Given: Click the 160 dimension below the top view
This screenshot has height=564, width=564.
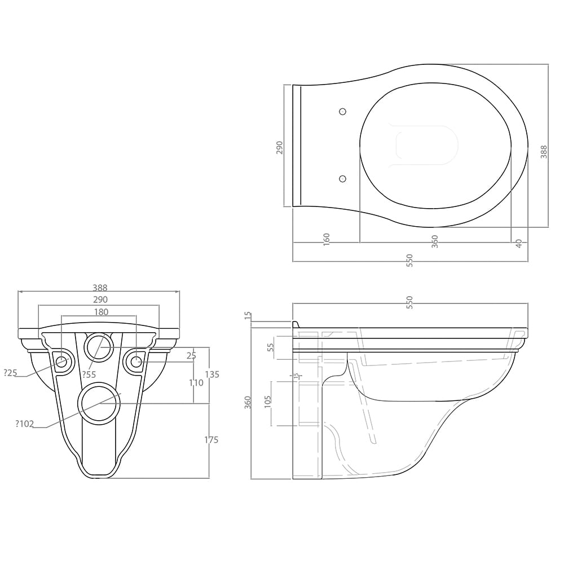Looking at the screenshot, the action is tap(326, 239).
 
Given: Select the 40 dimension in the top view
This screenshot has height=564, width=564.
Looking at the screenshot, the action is tap(518, 244).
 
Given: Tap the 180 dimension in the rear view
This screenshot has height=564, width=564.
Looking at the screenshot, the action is tap(101, 312).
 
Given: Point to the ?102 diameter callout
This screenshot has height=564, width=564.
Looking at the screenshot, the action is tap(24, 424).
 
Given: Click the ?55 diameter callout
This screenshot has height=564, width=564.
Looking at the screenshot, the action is tap(89, 374).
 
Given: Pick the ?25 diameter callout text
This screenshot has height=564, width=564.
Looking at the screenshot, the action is tap(10, 373).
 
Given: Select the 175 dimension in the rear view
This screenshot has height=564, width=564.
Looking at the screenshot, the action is tap(211, 439).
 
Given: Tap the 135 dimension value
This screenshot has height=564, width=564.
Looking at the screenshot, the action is tap(212, 374).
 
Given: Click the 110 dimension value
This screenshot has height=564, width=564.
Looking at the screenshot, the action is tap(196, 383).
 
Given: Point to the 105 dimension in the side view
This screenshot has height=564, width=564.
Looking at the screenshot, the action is tap(267, 402).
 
